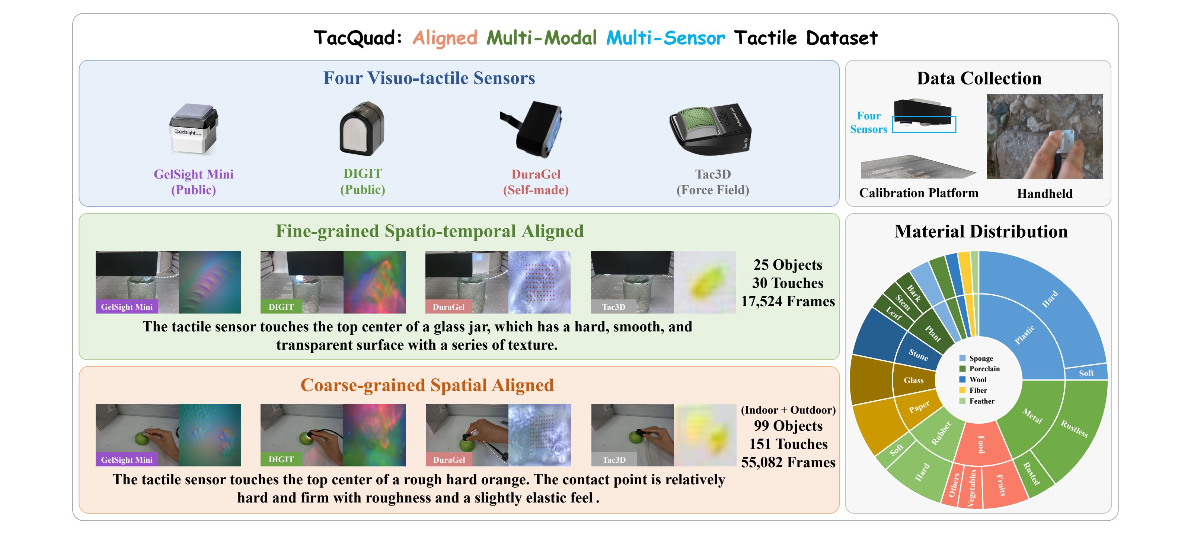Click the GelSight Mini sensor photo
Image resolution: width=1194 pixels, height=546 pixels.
tap(193, 129)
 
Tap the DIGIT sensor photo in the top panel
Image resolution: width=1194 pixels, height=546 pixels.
tap(362, 128)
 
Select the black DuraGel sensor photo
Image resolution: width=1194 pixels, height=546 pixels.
tap(531, 129)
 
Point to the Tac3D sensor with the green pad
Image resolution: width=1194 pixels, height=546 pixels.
tap(710, 130)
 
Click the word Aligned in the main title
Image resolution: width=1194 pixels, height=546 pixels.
tap(444, 38)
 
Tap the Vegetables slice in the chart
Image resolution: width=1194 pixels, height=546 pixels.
tap(971, 488)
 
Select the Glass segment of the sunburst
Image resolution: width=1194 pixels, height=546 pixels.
tap(914, 380)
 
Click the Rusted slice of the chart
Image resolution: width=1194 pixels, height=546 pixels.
tap(1032, 473)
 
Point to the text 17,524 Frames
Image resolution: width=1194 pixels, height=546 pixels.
tap(788, 301)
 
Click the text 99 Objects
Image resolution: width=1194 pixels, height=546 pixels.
tap(788, 425)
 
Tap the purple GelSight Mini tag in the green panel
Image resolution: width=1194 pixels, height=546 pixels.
tap(127, 306)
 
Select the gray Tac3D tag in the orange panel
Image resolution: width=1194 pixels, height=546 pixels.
tap(614, 459)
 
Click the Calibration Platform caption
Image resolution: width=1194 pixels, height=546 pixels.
tap(919, 193)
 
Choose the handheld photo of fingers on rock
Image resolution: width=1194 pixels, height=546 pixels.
tap(1045, 136)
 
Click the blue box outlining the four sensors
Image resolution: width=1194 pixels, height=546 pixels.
tap(924, 124)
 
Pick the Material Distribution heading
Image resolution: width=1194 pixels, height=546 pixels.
tap(981, 231)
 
